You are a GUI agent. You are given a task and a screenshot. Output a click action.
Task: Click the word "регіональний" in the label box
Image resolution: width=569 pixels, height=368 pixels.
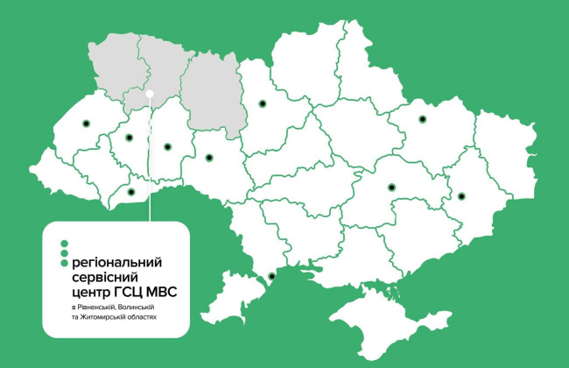[116, 261]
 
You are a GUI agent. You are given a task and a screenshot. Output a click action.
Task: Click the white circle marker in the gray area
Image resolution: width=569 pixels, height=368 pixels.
[151, 92]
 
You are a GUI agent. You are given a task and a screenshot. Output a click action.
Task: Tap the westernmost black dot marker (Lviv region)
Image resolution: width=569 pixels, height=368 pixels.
[86, 124]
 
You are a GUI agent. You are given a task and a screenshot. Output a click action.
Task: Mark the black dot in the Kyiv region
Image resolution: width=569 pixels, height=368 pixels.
[261, 104]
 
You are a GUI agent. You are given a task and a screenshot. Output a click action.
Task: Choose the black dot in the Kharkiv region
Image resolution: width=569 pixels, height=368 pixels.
[422, 118]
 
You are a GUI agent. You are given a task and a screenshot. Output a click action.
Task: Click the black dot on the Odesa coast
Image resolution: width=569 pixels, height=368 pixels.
[271, 277]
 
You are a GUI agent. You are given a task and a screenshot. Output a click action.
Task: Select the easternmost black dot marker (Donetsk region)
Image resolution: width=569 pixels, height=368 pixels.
[461, 195]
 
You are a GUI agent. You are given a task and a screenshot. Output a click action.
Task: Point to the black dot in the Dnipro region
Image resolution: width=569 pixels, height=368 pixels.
[391, 186]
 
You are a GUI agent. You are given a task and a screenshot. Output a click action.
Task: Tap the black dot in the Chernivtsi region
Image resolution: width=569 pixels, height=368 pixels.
[131, 192]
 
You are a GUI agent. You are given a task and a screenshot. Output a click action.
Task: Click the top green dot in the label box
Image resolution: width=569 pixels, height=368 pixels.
[63, 243]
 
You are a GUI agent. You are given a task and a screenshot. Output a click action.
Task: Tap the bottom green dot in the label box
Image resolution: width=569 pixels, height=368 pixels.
[63, 262]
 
